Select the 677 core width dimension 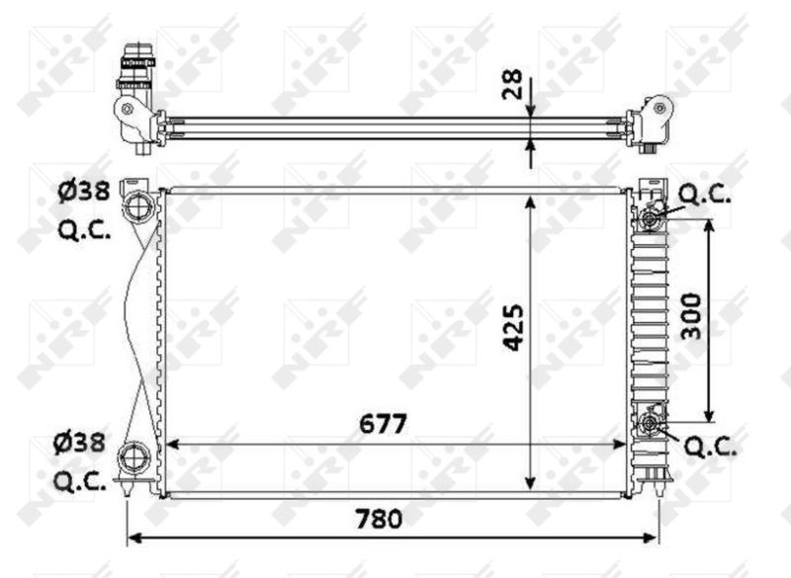(x=383, y=424)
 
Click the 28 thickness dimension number (x=512, y=86)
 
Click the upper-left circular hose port (x=135, y=207)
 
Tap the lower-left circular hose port (x=132, y=458)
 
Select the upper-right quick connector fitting (x=651, y=218)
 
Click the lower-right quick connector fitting (x=650, y=425)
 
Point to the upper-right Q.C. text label (x=705, y=195)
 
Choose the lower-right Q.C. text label (x=711, y=448)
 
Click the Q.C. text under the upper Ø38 (x=84, y=231)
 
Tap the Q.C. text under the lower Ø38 (x=84, y=483)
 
